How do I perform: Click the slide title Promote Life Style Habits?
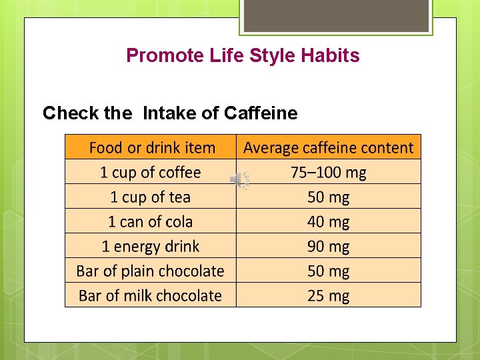coord(243,55)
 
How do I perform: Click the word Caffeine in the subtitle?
coord(261,113)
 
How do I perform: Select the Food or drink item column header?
coord(152,148)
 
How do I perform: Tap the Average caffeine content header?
coord(328,148)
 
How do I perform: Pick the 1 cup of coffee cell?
coord(151,173)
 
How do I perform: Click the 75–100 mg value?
coord(328,173)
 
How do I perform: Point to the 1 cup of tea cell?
coord(151,197)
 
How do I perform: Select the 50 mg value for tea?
coord(328,197)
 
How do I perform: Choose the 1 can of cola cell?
coord(151,222)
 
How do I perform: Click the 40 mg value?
coord(328,222)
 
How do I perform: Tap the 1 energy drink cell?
coord(151,247)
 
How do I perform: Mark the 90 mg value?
coord(328,247)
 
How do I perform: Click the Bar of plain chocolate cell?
coord(151,271)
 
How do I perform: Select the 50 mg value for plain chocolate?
coord(328,271)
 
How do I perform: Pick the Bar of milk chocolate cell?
coord(151,295)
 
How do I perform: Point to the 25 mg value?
coord(328,295)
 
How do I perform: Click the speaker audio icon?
coord(239,179)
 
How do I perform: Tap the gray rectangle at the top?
coord(335,15)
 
